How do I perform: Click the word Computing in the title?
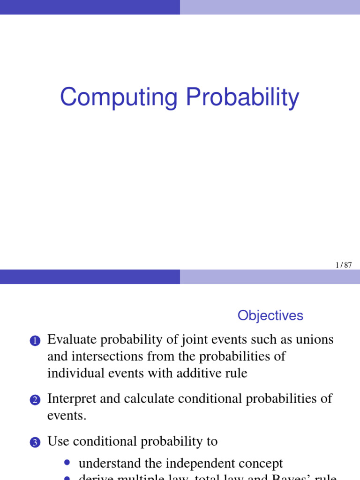119,98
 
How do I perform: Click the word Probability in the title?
242,98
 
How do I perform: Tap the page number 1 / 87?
344,265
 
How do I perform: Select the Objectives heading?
270,315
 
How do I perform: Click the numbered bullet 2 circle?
36,400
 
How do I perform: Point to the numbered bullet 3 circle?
36,443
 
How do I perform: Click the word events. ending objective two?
67,416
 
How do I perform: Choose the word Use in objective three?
58,442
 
